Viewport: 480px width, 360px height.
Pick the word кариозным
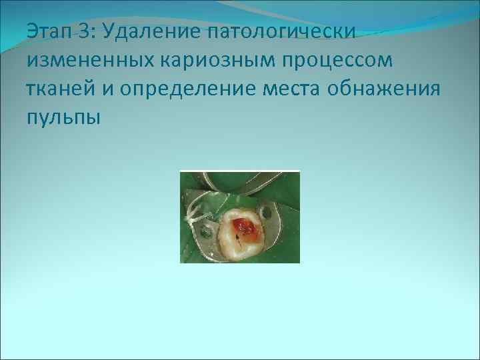click(x=214, y=61)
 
